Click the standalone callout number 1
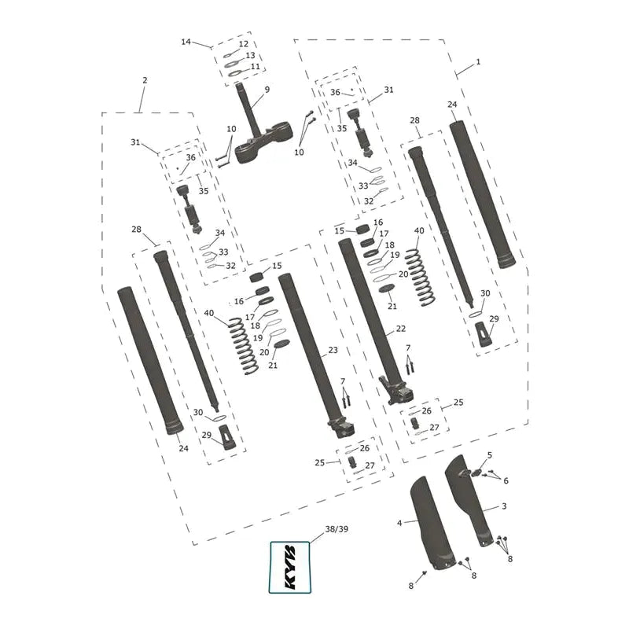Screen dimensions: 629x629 (478, 62)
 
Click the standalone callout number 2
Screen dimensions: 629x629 (145, 80)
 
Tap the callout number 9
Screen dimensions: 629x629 (267, 90)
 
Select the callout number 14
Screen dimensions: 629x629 (186, 42)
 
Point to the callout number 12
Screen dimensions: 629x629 (244, 44)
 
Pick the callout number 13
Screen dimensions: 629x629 (250, 55)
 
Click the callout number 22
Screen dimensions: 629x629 (401, 329)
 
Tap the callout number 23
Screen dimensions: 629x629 (333, 350)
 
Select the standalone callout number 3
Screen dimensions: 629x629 (504, 506)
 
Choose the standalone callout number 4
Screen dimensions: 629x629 (399, 523)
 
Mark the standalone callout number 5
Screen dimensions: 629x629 (489, 455)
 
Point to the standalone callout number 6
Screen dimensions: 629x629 (506, 480)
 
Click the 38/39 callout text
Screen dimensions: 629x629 (337, 529)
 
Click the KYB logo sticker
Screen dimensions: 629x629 (289, 567)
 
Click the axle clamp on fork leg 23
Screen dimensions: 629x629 (341, 428)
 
